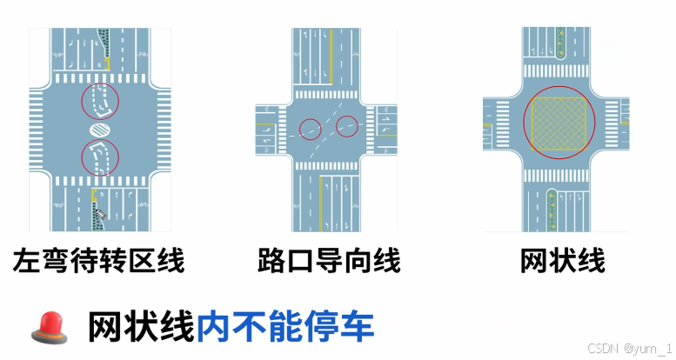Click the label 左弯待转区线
click(100, 260)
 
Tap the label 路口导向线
click(329, 260)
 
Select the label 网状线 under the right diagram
click(563, 260)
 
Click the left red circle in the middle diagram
click(311, 130)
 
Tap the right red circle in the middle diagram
click(347, 126)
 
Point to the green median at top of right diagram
click(561, 42)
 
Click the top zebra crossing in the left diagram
click(100, 78)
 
